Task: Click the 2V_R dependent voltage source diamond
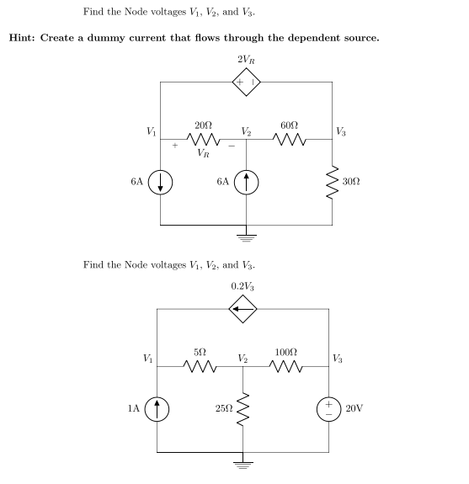pyautogui.click(x=247, y=82)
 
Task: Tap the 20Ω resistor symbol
pyautogui.click(x=203, y=139)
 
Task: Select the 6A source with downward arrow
pyautogui.click(x=161, y=182)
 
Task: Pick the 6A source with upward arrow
pyautogui.click(x=246, y=182)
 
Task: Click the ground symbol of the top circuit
pyautogui.click(x=247, y=235)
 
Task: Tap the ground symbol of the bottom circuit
pyautogui.click(x=244, y=462)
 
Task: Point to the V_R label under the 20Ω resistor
pyautogui.click(x=204, y=154)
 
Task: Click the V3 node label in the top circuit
pyautogui.click(x=341, y=130)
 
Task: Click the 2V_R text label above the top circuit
pyautogui.click(x=247, y=60)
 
